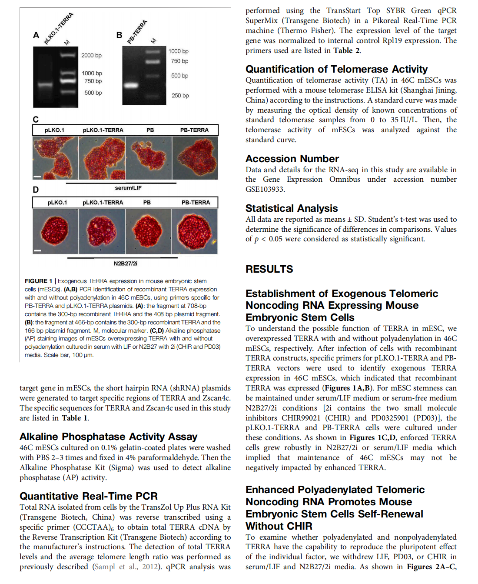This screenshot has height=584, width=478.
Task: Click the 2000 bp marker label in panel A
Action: coord(91,56)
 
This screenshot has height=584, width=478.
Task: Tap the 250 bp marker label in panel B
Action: coord(180,96)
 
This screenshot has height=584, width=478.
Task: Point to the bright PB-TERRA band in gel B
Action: coord(131,85)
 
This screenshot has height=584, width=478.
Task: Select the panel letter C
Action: coord(36,120)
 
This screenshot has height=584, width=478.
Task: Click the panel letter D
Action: coord(36,190)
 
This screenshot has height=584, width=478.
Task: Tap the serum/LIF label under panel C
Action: coord(128,188)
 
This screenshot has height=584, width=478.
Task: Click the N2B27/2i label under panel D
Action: coord(126,264)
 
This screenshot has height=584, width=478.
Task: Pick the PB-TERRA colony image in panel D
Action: coord(195,231)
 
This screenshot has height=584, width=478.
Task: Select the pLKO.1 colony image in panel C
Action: coord(55,158)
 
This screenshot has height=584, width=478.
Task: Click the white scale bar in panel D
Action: coord(37,250)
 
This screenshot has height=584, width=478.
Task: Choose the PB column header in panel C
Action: coord(150,130)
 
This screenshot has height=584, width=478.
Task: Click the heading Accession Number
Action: coord(292,159)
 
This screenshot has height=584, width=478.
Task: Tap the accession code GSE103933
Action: coord(265,189)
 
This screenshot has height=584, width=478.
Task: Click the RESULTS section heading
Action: coord(269,269)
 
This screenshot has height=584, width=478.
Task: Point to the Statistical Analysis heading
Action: coord(291,208)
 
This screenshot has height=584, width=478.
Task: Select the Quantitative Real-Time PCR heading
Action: coord(89,496)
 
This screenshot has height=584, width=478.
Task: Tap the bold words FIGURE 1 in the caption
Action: coord(38,281)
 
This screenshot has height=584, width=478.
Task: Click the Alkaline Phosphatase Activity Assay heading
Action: coord(109,437)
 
